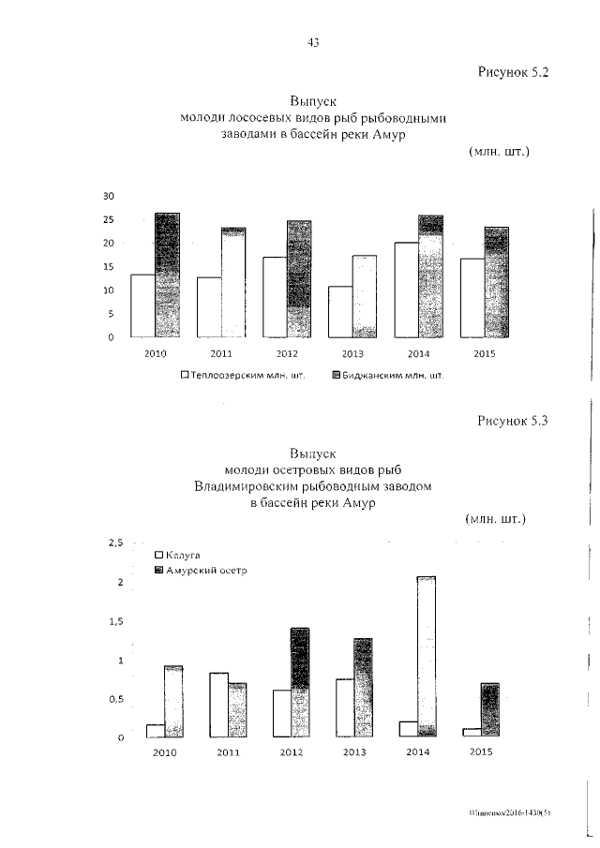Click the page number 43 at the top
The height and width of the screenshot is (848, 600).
pyautogui.click(x=313, y=41)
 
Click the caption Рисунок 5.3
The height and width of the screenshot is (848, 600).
pyautogui.click(x=511, y=421)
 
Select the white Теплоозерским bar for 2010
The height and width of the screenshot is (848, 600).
pyautogui.click(x=142, y=305)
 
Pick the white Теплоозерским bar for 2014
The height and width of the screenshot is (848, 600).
pyautogui.click(x=406, y=290)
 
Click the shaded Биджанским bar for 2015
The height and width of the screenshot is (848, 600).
pyautogui.click(x=496, y=282)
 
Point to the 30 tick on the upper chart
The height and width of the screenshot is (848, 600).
pyautogui.click(x=108, y=196)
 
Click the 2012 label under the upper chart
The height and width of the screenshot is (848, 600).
pyautogui.click(x=287, y=355)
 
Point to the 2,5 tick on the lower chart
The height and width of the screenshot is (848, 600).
pyautogui.click(x=114, y=543)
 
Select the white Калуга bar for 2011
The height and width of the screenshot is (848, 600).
pyautogui.click(x=218, y=705)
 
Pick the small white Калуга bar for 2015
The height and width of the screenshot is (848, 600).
pyautogui.click(x=472, y=732)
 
